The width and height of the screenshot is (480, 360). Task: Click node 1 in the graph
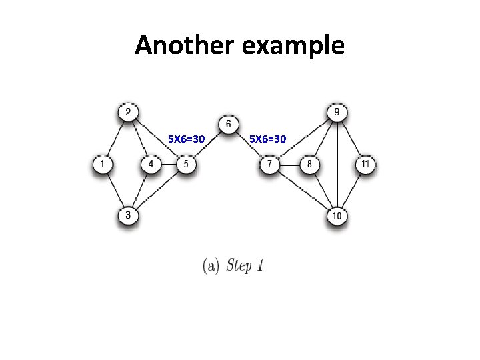(x=103, y=164)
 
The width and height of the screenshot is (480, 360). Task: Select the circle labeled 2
(x=128, y=112)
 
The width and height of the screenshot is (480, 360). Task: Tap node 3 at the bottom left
(x=128, y=215)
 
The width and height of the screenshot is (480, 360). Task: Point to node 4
(x=151, y=164)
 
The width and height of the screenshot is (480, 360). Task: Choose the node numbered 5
(x=186, y=164)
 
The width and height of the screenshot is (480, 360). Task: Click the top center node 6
(x=229, y=124)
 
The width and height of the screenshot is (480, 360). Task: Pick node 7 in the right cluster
(x=269, y=164)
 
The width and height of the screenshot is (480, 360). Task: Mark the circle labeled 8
(x=309, y=164)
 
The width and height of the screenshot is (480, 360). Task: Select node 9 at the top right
(x=338, y=112)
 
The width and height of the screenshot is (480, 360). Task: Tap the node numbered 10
(x=337, y=215)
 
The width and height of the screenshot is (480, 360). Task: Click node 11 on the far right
(x=365, y=164)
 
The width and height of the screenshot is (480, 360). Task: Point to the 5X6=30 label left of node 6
(x=186, y=139)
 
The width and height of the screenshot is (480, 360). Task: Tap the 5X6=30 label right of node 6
(x=268, y=139)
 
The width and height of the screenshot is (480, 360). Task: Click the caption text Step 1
(x=245, y=265)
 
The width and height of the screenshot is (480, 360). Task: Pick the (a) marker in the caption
(x=211, y=265)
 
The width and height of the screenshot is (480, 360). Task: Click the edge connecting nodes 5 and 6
(x=207, y=144)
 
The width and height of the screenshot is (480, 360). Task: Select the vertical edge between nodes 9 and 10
(x=338, y=163)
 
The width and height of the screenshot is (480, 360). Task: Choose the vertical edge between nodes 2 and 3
(x=128, y=163)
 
